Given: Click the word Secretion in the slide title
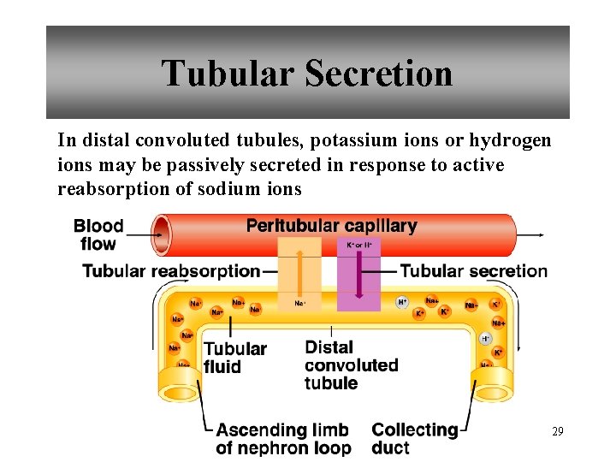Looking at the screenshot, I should point(378,74).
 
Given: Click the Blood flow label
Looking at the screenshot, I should point(98,234).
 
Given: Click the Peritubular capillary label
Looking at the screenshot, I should point(331,227).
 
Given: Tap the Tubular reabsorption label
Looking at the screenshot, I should point(171,271).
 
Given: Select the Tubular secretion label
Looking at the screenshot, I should point(474,271).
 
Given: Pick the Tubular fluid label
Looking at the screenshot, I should point(234,358).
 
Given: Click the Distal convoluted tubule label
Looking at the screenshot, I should point(351,365).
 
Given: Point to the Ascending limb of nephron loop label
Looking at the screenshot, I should point(283,439).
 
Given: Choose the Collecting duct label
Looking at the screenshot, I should point(415,439).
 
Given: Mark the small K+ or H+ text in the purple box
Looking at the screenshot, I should point(359,245).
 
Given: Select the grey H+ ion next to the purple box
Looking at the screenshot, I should point(402,302).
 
